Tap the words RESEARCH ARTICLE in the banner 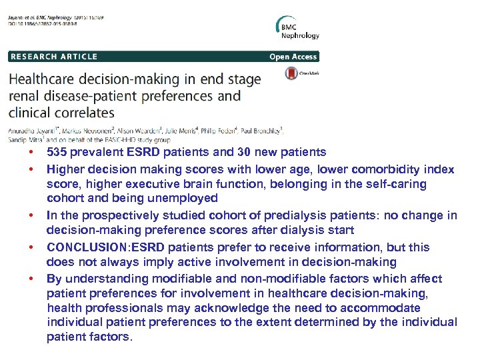(x=54, y=57)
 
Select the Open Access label (x=293, y=57)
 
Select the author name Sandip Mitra (x=25, y=139)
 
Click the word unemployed (x=185, y=198)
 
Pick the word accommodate (x=385, y=308)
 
